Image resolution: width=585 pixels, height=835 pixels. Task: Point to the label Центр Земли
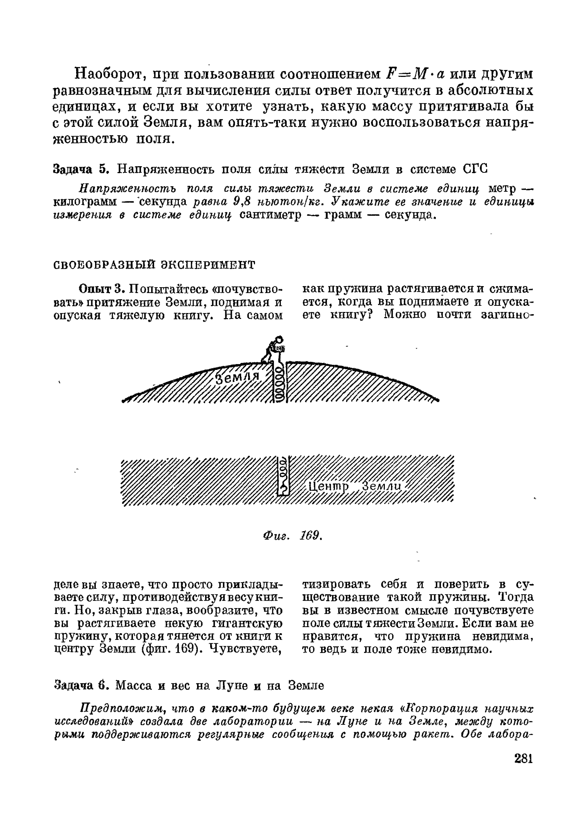coord(356,487)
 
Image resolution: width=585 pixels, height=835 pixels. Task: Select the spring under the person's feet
coord(280,383)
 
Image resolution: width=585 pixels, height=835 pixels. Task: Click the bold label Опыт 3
coord(101,289)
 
